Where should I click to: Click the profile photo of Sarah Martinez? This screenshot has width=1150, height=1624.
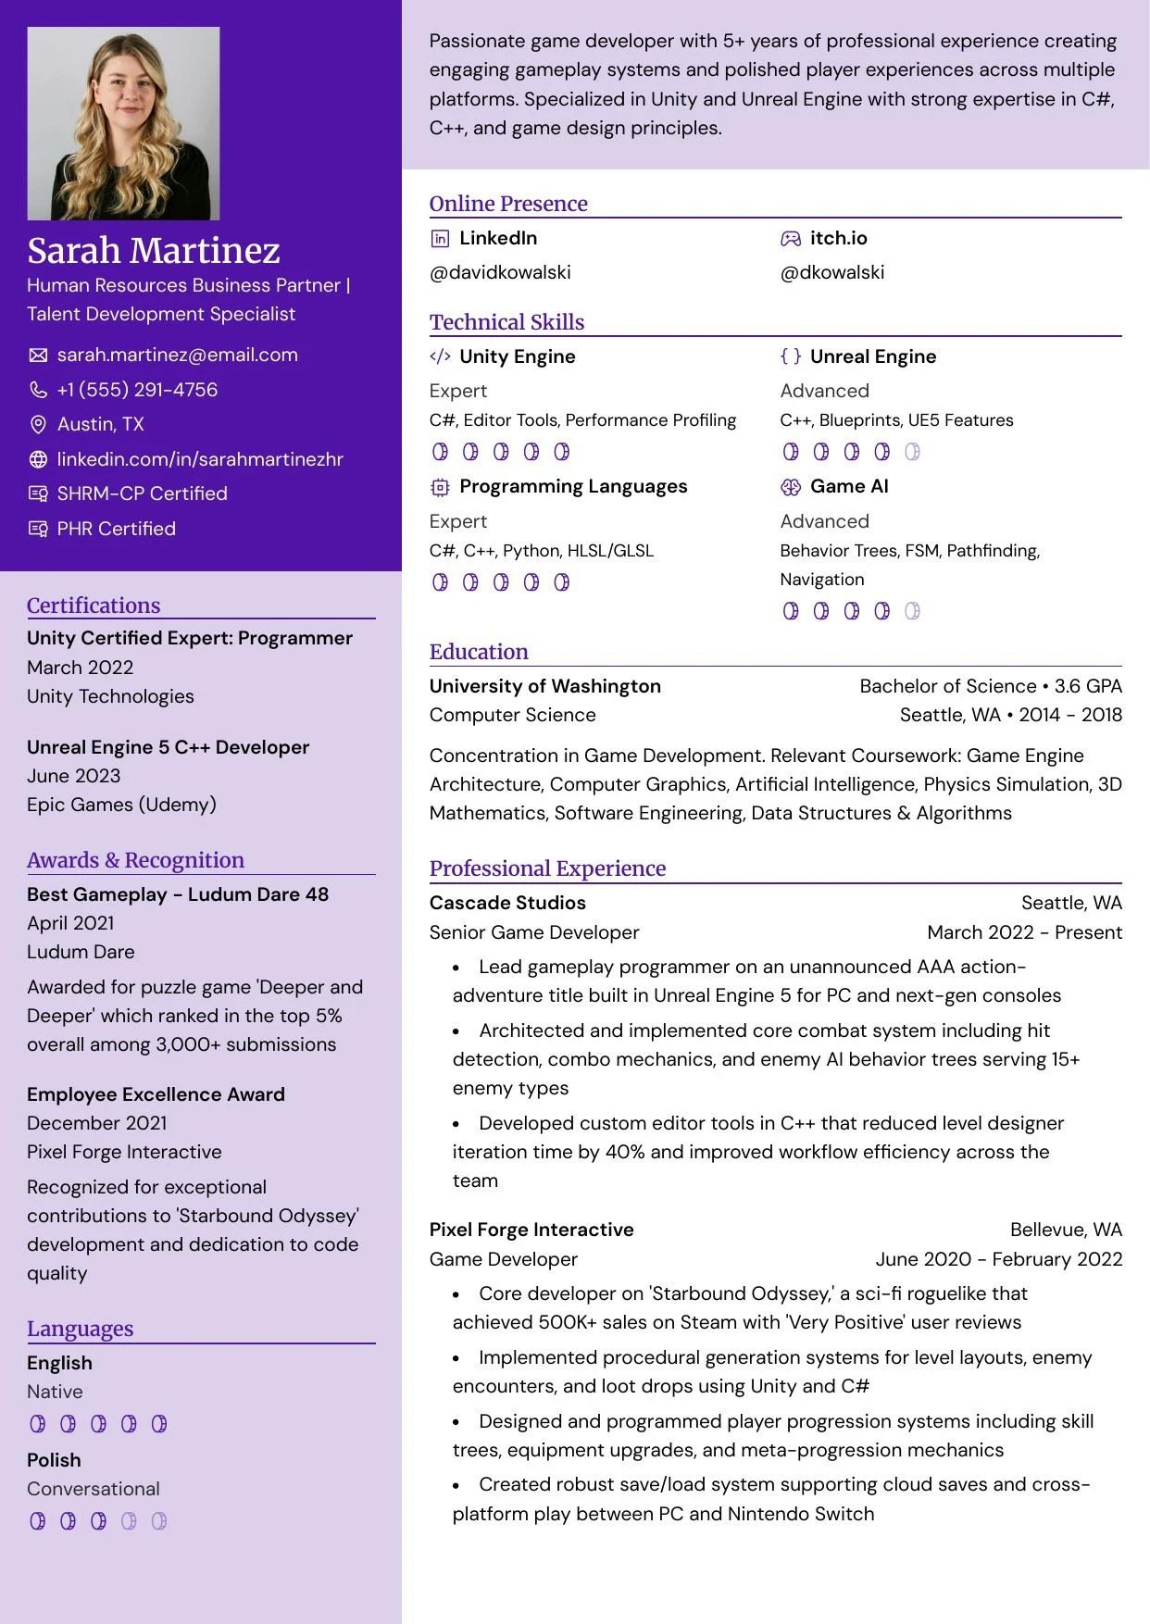point(123,123)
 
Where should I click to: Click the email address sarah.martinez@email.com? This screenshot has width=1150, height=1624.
point(177,355)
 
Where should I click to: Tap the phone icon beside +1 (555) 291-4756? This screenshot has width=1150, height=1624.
point(38,390)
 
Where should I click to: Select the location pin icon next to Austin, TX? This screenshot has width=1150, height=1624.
point(38,424)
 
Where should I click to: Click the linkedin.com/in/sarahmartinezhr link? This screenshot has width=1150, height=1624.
point(199,459)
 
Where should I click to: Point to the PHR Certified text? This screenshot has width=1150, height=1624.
point(116,529)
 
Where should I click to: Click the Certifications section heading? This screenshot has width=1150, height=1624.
point(94,606)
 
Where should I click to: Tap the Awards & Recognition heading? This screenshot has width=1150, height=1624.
point(135,860)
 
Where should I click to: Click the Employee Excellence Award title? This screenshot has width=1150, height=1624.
point(156,1094)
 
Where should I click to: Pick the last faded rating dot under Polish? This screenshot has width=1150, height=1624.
point(159,1520)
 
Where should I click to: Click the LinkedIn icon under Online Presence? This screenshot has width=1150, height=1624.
point(440,239)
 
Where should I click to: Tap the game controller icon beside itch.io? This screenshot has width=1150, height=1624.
point(790,239)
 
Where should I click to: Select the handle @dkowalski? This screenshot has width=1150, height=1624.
point(831,272)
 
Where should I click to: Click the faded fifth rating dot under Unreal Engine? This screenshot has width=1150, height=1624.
point(912,452)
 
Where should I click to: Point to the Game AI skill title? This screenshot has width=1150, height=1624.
point(848,486)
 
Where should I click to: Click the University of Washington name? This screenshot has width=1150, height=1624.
point(544,686)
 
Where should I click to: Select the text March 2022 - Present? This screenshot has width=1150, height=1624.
point(1024,932)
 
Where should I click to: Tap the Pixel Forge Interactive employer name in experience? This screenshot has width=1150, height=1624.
point(531,1230)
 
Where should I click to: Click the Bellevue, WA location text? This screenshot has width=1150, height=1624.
point(1066,1230)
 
